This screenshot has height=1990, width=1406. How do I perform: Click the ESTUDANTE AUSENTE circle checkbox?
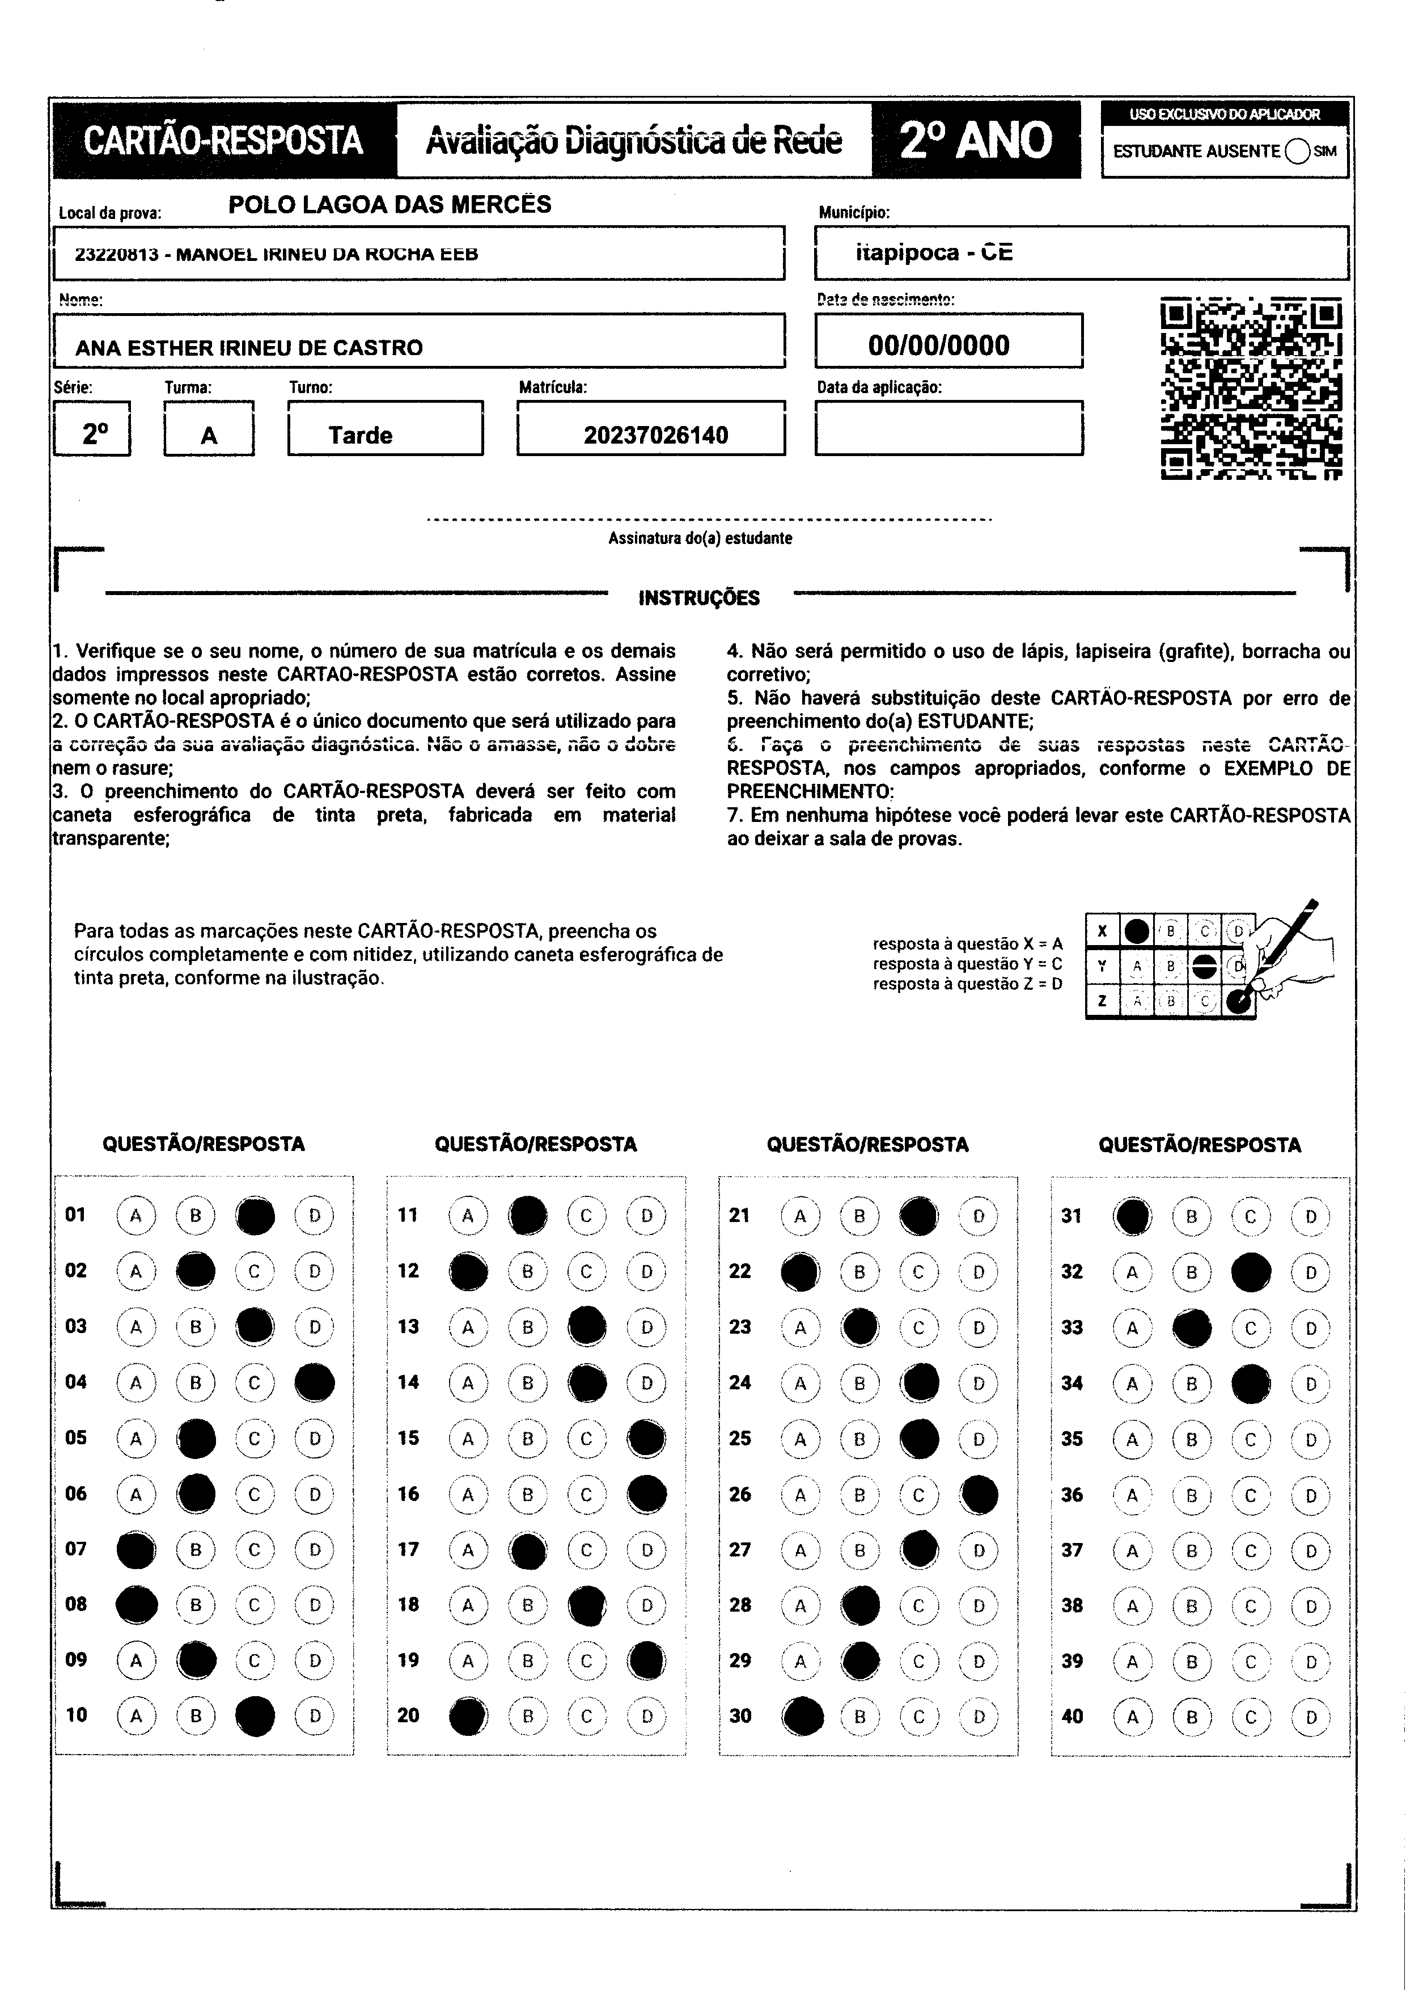[1298, 151]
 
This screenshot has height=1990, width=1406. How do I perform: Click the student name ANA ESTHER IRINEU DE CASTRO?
[249, 348]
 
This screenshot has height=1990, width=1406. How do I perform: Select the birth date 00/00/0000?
[938, 345]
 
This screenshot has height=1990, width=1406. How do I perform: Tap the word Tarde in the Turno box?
[361, 435]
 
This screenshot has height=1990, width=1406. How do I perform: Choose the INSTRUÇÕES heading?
[698, 598]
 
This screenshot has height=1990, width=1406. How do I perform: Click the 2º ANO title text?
[976, 141]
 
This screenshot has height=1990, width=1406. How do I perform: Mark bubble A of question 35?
[1132, 1440]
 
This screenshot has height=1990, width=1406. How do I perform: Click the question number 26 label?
[739, 1494]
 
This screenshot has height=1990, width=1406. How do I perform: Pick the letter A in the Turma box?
[209, 435]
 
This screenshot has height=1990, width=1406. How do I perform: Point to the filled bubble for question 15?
[646, 1439]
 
